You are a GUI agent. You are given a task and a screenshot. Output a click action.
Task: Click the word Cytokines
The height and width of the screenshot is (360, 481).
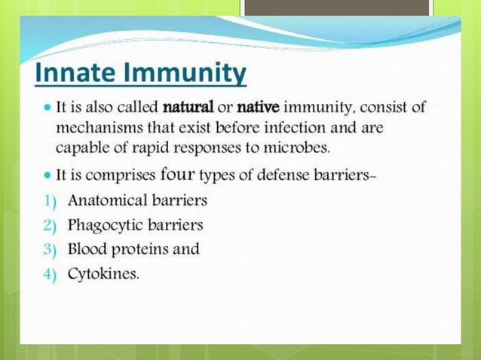click(x=103, y=273)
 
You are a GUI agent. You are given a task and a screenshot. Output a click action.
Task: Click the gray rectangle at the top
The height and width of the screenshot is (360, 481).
click(x=336, y=8)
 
